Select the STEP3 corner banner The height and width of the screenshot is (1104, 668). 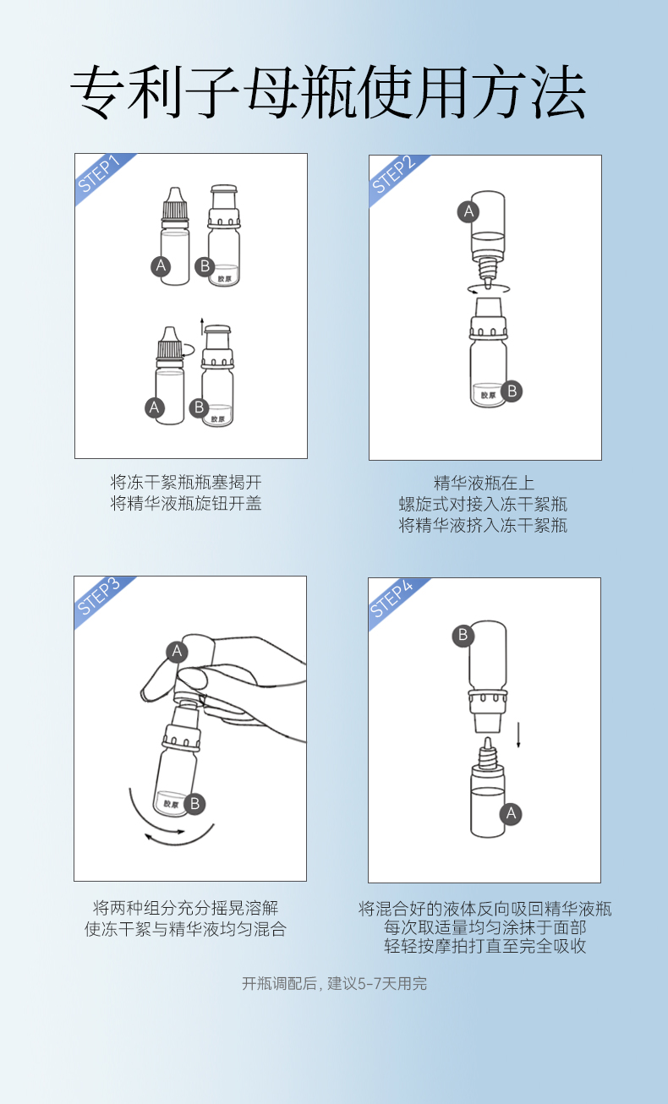tap(100, 598)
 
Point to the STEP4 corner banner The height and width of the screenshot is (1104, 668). tap(393, 600)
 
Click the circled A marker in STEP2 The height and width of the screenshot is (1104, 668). tap(468, 211)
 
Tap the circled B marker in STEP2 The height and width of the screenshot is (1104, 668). tap(512, 391)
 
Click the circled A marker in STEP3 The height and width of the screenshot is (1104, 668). tap(177, 652)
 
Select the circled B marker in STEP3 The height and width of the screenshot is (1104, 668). tap(194, 803)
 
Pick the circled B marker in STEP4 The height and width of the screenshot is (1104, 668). tap(463, 635)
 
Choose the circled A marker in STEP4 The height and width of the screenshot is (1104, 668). tap(511, 813)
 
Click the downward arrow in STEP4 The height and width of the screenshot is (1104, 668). tap(518, 735)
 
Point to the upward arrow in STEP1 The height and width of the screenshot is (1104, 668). tap(201, 327)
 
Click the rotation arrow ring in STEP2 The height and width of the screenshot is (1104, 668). tap(488, 288)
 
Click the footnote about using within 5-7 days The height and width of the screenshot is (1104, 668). tap(334, 984)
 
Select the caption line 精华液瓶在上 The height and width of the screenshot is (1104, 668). tap(484, 483)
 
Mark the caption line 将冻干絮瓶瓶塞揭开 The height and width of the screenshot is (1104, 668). tap(186, 482)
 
